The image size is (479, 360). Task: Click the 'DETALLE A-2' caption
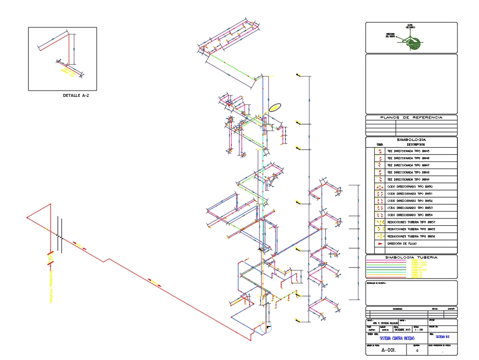coord(76,95)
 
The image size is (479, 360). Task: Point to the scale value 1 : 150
coord(418,330)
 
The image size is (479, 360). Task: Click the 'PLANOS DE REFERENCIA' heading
coord(411,117)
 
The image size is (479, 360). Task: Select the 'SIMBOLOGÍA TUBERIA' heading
coord(411,257)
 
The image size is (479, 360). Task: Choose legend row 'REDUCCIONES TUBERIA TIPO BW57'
coord(411,222)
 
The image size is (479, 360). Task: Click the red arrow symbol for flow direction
coord(380,244)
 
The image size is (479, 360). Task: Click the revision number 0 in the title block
coord(417,351)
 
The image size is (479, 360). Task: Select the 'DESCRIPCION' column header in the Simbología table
coord(416,144)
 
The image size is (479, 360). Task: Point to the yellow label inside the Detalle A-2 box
coord(67,72)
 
